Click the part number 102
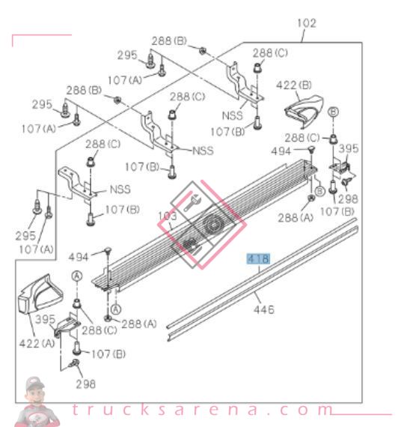click(307, 23)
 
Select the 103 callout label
click(168, 216)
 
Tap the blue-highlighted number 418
click(258, 258)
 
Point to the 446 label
click(263, 309)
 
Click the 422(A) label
click(37, 343)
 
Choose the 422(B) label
click(294, 85)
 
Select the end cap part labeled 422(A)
click(40, 294)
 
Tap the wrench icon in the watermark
click(192, 203)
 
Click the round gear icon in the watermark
click(212, 225)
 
